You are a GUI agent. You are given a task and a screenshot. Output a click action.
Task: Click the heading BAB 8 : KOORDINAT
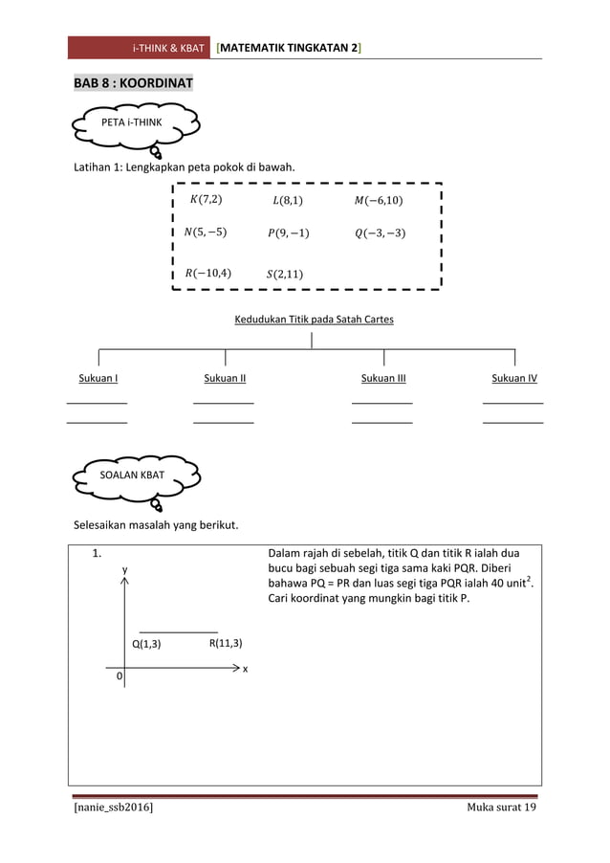(x=134, y=83)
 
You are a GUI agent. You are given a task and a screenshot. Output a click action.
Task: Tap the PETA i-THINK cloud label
(x=132, y=122)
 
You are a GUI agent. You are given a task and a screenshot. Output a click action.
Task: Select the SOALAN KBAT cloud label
(x=132, y=475)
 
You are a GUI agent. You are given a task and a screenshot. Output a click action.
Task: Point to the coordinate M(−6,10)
(x=378, y=200)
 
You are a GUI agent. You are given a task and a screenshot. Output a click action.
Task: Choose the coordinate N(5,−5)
(x=205, y=232)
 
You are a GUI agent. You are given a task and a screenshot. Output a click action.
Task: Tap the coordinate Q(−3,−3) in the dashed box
(x=380, y=232)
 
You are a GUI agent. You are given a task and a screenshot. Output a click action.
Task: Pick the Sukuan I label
(x=98, y=379)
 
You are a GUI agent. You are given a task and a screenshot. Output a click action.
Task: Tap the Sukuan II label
(x=225, y=379)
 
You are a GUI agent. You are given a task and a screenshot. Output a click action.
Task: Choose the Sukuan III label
(x=383, y=379)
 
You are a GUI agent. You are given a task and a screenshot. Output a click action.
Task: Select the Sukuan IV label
(x=513, y=379)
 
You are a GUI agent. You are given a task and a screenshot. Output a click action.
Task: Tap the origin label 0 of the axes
(x=120, y=676)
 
